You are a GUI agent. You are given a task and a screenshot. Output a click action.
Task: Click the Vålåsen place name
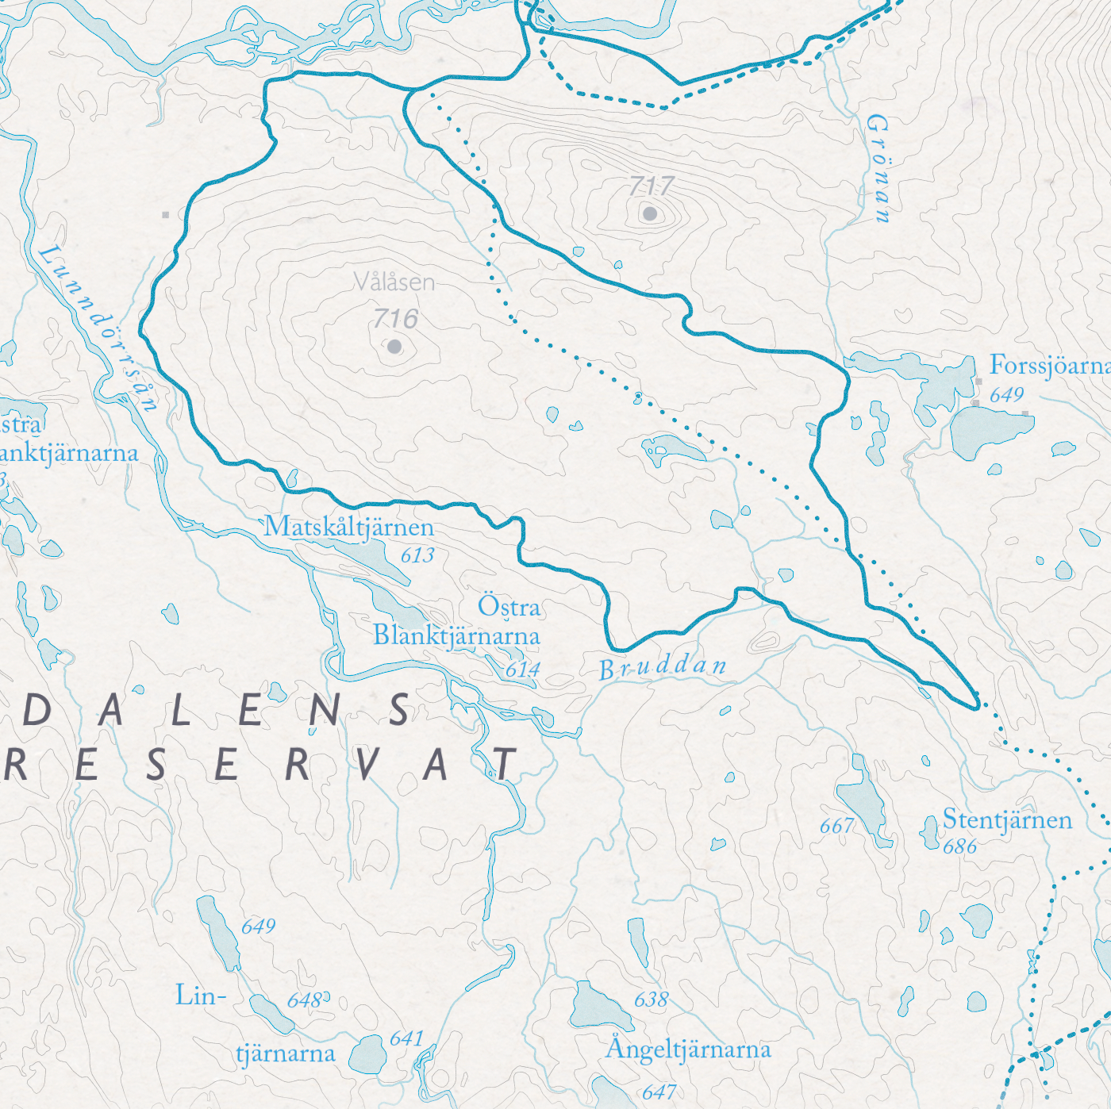pos(394,282)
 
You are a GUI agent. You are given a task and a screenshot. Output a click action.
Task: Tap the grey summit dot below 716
pos(394,347)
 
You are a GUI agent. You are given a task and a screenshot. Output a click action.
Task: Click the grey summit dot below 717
pos(650,213)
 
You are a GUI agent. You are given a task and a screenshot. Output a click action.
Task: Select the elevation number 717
pos(651,186)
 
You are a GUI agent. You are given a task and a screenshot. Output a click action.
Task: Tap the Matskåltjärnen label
pos(349,527)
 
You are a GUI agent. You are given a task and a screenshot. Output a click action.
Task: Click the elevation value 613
pos(417,555)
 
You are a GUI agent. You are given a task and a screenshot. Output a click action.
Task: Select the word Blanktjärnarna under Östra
pos(456,636)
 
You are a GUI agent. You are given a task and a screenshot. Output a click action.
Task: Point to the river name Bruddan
pos(663,668)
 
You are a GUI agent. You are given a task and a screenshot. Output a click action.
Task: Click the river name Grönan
pos(878,168)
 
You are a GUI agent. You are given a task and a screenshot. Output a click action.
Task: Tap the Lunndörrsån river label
pos(98,328)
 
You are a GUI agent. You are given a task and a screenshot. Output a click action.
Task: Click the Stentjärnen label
pos(1007,819)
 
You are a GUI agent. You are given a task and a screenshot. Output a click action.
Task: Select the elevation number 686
pos(960,846)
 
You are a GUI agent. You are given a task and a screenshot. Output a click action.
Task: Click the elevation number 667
pos(836,826)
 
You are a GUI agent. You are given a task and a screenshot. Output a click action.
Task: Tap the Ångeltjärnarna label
pos(688,1050)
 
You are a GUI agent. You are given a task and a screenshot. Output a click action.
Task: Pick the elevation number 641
pos(406,1038)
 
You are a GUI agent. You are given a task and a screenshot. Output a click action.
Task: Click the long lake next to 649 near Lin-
pos(218,933)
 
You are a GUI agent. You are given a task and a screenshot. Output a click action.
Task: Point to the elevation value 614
pos(523,670)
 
